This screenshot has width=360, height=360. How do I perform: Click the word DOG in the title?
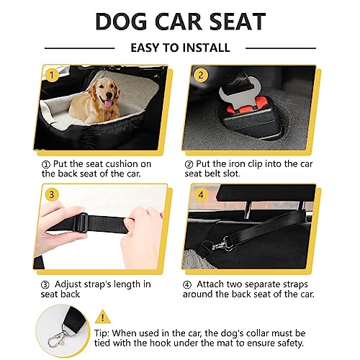point(121,22)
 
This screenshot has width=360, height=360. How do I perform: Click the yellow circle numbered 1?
point(52,75)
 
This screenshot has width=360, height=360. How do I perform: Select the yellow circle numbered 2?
point(201,75)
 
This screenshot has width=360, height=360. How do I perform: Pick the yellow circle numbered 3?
point(52,194)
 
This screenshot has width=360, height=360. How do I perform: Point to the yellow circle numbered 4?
point(201,194)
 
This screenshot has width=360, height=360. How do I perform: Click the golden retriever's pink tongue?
point(108,104)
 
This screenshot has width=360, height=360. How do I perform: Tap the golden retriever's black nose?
point(109,96)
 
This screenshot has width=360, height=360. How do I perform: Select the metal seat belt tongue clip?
point(238,96)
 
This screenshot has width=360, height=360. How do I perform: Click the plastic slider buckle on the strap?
point(81,223)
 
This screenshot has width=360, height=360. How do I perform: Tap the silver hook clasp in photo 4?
point(222,243)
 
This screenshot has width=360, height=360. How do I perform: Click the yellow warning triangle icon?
point(103,317)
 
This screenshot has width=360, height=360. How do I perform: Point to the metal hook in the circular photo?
point(57,337)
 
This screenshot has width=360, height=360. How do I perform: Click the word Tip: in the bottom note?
point(102,333)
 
